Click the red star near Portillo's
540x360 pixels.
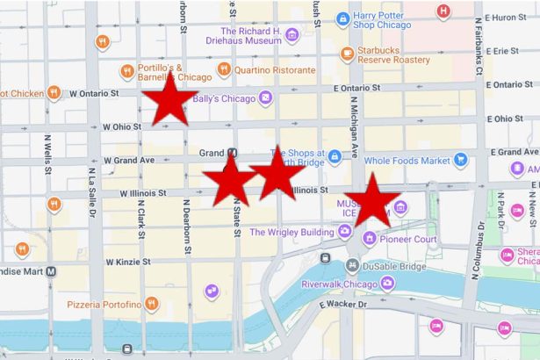click(x=169, y=100)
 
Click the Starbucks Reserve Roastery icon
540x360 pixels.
click(x=348, y=54)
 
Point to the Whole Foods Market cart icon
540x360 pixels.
click(x=460, y=160)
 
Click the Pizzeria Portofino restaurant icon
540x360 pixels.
click(x=152, y=305)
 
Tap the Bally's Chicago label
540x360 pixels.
click(x=230, y=98)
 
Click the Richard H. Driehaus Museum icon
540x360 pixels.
click(x=292, y=35)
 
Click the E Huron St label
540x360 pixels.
click(x=510, y=17)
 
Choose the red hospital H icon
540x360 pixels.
click(x=443, y=11)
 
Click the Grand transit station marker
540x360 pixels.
click(x=232, y=153)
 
